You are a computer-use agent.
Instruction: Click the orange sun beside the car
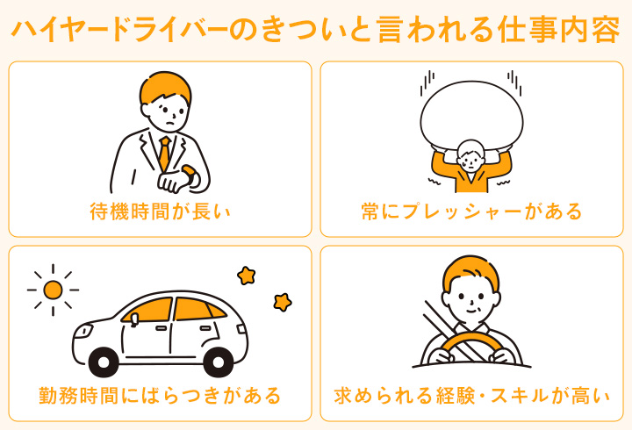54,289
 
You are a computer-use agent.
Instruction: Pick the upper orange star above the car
246,275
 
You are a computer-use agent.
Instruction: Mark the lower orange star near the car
282,302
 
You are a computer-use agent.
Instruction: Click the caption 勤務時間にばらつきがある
160,395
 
